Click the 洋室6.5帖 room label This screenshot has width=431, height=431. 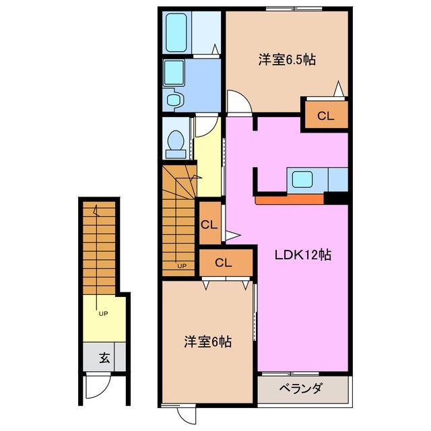287,59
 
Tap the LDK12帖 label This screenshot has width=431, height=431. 302,255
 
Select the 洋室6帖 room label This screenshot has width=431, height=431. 208,342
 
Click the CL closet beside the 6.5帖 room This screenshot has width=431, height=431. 325,115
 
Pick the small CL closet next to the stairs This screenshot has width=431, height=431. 209,224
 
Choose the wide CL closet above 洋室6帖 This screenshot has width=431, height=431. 224,263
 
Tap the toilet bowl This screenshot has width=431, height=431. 176,143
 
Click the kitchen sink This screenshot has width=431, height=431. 302,179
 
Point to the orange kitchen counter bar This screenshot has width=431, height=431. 290,199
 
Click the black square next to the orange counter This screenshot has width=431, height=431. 335,198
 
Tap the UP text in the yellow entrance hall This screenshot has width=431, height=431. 102,313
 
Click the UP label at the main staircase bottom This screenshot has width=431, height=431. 181,265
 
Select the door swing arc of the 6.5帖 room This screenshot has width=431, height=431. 236,103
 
